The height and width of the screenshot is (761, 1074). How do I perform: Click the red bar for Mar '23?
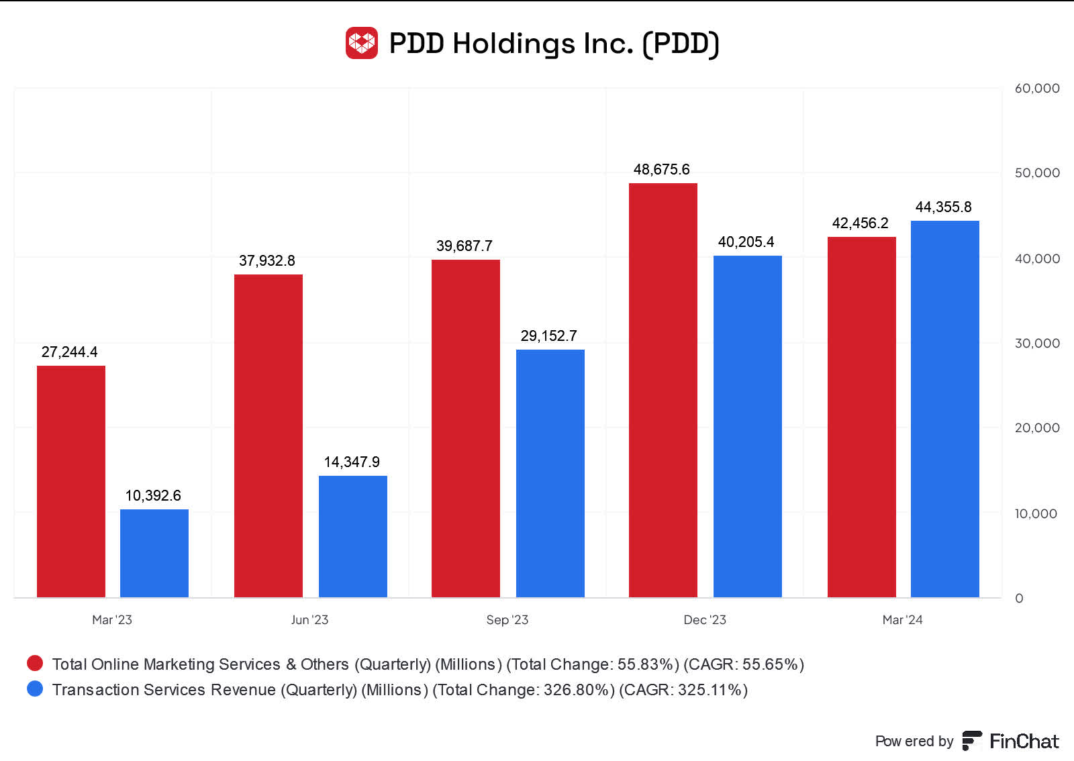[x=71, y=481]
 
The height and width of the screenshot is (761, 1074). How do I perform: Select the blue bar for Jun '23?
[x=353, y=536]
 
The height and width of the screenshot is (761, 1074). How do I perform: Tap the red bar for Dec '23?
[x=663, y=390]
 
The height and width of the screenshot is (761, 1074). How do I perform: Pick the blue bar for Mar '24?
[x=944, y=409]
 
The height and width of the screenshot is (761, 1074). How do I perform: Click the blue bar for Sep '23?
[x=550, y=473]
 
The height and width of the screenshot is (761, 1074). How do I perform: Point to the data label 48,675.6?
[x=661, y=170]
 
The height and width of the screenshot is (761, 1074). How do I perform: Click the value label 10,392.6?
[x=153, y=496]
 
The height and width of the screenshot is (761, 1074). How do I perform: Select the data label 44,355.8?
[x=943, y=207]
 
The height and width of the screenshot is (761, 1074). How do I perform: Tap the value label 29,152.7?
[x=548, y=336]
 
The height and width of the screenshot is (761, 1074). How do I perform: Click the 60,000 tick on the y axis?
[x=1036, y=89]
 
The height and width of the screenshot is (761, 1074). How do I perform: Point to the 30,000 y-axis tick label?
[x=1036, y=344]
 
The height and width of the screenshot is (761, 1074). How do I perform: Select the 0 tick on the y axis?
[x=1019, y=599]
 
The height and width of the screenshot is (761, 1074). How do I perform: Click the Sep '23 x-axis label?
[x=507, y=620]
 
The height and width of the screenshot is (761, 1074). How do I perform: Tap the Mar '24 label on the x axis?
[x=902, y=620]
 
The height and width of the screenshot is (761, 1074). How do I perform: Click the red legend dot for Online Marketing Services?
[x=35, y=664]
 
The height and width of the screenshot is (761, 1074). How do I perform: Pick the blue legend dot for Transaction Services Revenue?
[x=35, y=689]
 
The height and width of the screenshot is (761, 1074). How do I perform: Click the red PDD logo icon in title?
[x=362, y=44]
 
